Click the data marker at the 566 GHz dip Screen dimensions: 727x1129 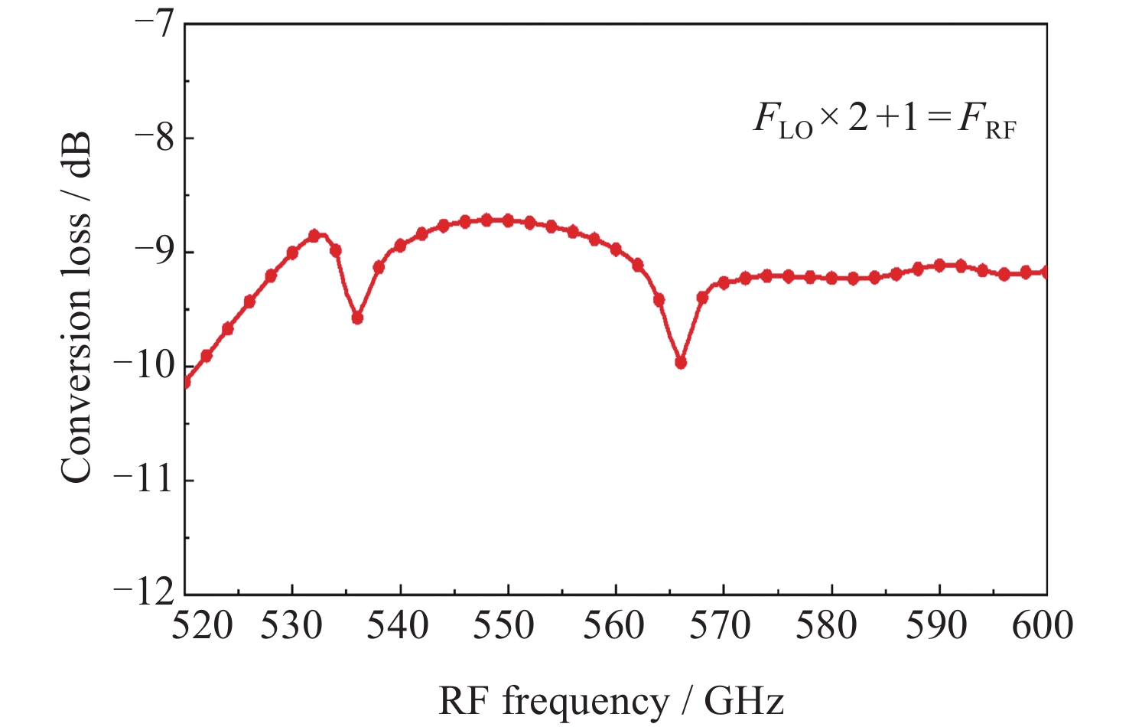(681, 362)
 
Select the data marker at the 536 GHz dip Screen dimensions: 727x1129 (357, 318)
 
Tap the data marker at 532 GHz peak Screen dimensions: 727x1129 (314, 236)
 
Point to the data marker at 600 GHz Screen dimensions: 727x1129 (1046, 272)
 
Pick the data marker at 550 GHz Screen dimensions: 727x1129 (508, 220)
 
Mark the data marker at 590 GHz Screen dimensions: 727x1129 (939, 265)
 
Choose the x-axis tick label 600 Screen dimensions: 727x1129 (1043, 626)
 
